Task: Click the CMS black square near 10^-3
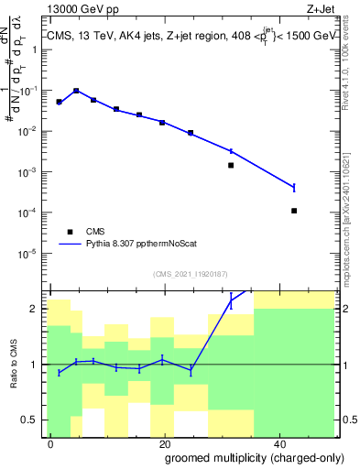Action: [231, 166]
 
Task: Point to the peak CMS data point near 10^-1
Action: [76, 91]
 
